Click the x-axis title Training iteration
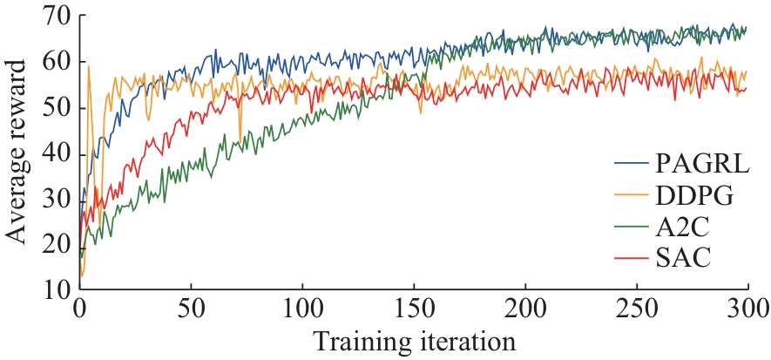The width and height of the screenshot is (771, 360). [x=414, y=339]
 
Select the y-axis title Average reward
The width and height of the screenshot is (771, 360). [x=17, y=153]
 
